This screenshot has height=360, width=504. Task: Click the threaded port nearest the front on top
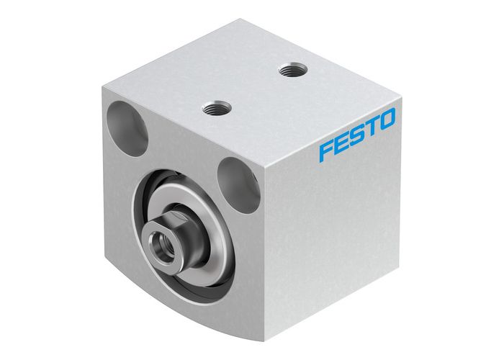click(213, 109)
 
